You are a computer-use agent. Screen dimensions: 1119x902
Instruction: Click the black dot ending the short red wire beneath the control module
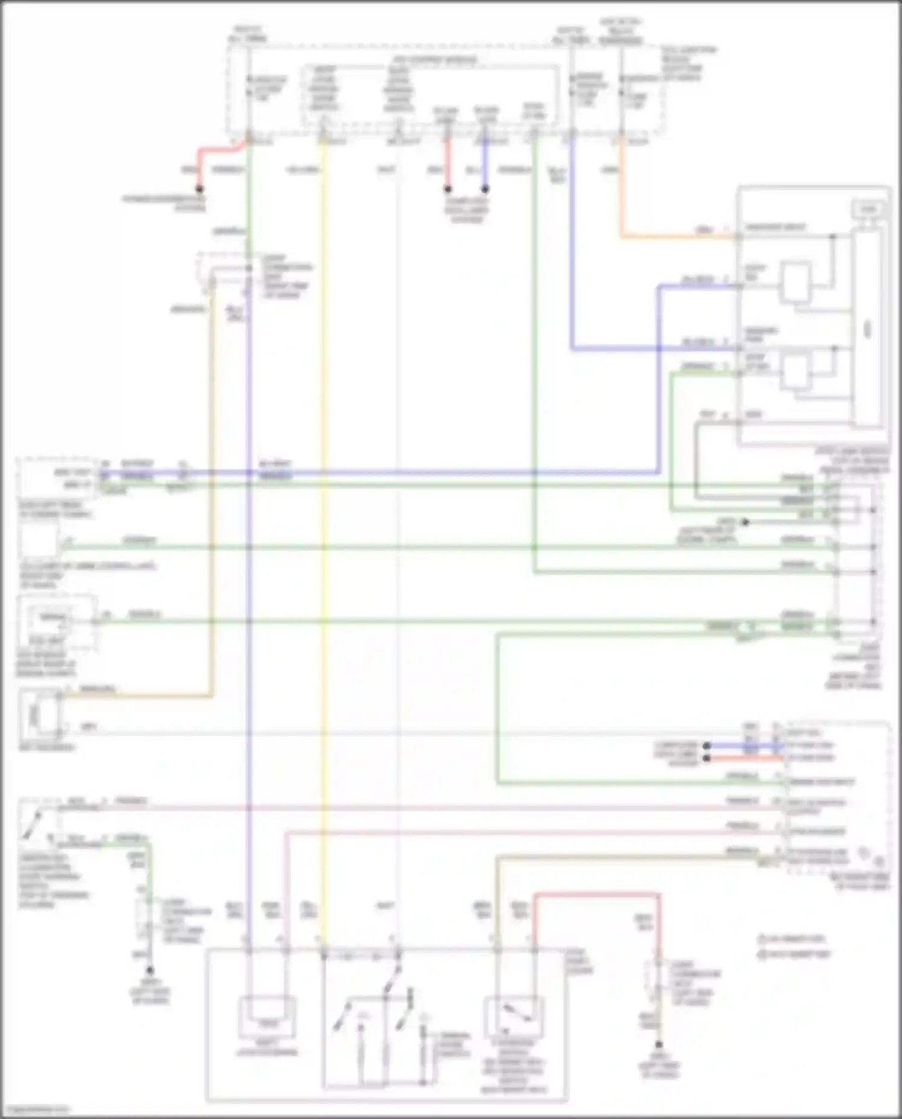pyautogui.click(x=447, y=189)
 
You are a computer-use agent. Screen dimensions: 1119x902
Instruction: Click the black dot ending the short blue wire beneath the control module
pyautogui.click(x=485, y=189)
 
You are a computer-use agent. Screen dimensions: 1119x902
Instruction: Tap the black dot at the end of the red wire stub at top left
pyautogui.click(x=200, y=189)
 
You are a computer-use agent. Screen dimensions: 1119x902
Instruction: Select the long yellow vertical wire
pyautogui.click(x=324, y=541)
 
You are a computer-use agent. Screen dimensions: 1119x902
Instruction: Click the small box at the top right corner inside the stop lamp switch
pyautogui.click(x=868, y=209)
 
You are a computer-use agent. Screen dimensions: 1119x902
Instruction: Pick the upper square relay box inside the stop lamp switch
pyautogui.click(x=796, y=281)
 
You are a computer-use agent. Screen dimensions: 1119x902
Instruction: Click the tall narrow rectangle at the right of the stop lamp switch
pyautogui.click(x=867, y=328)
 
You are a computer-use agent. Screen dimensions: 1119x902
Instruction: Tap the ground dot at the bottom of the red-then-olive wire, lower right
pyautogui.click(x=659, y=1045)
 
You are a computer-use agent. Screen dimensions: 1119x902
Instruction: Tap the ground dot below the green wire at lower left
pyautogui.click(x=150, y=970)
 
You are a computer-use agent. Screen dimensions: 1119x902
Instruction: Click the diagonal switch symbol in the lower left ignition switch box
pyautogui.click(x=33, y=824)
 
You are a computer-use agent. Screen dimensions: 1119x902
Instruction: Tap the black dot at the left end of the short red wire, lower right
pyautogui.click(x=707, y=758)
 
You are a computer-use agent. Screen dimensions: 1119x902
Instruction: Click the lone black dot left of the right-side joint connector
pyautogui.click(x=745, y=522)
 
